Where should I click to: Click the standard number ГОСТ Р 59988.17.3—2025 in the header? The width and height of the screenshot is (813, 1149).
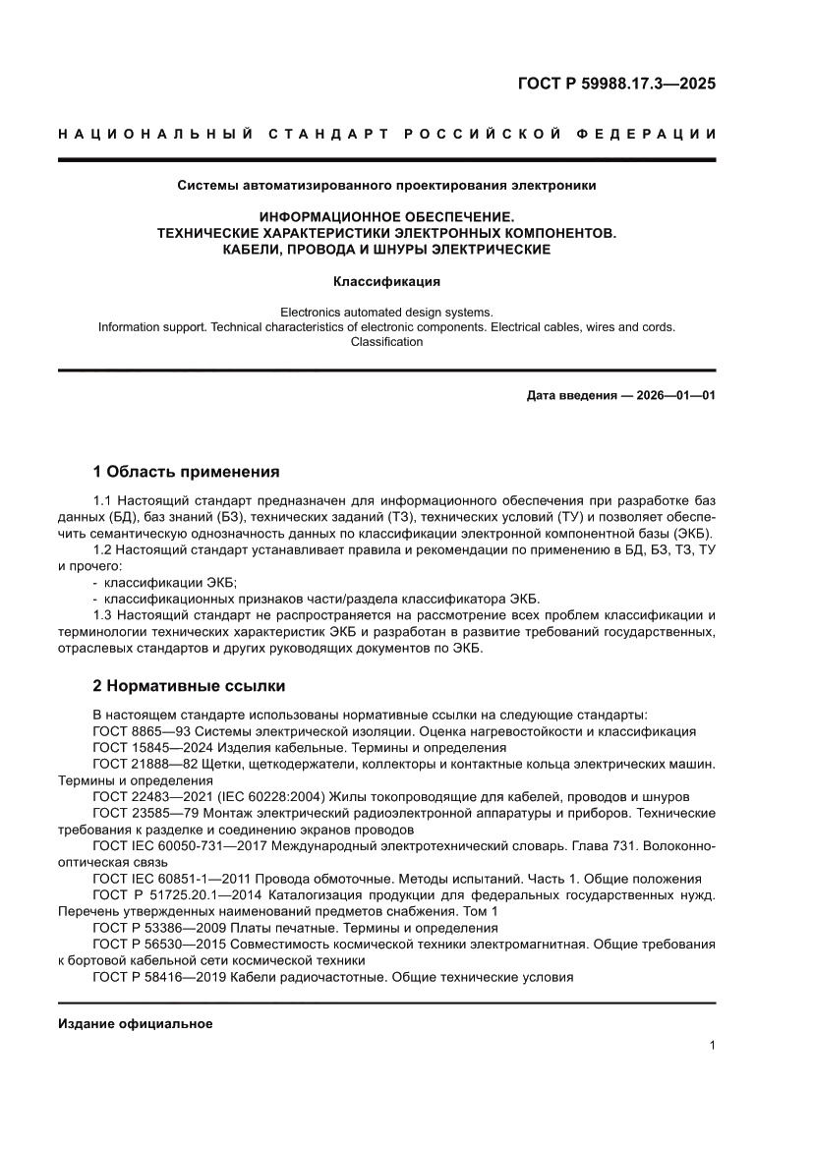pyautogui.click(x=616, y=84)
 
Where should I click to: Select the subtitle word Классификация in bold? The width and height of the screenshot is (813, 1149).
pyautogui.click(x=386, y=281)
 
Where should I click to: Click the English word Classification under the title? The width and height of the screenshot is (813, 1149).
pyautogui.click(x=386, y=342)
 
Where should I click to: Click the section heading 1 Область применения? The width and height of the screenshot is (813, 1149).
pyautogui.click(x=186, y=471)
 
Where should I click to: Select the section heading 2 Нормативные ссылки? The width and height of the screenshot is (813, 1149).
pyautogui.click(x=189, y=685)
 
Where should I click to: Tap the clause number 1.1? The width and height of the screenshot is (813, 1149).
pyautogui.click(x=103, y=501)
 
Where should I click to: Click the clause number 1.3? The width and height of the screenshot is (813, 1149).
pyautogui.click(x=103, y=615)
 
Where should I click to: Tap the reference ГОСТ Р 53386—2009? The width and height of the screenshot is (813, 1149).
pyautogui.click(x=153, y=928)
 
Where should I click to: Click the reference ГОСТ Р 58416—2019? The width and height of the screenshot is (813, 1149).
pyautogui.click(x=153, y=977)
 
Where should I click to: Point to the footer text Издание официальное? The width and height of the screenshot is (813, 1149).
pyautogui.click(x=136, y=1024)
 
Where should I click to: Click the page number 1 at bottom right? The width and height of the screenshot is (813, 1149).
pyautogui.click(x=712, y=1046)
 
